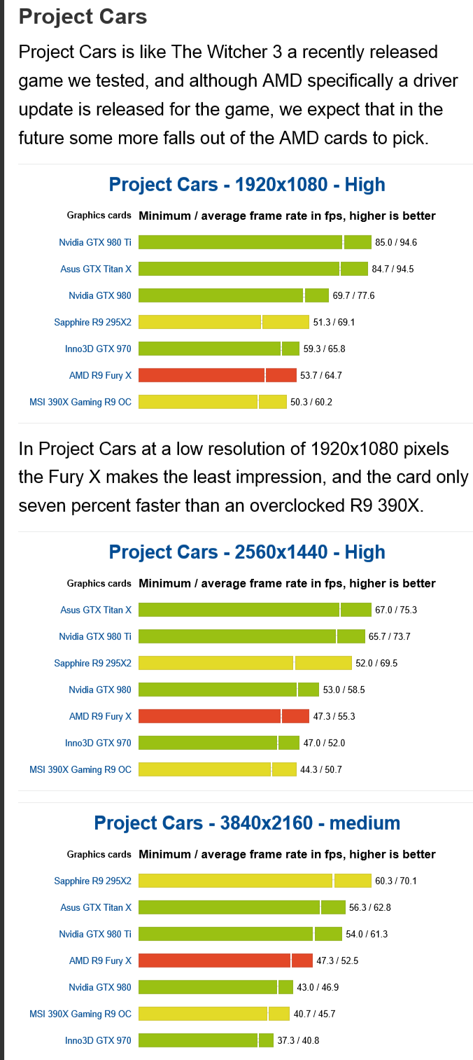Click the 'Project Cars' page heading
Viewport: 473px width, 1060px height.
83,16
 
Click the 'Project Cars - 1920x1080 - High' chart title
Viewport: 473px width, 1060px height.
247,185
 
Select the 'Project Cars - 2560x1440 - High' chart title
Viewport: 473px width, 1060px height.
247,552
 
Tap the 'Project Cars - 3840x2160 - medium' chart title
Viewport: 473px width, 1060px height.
247,823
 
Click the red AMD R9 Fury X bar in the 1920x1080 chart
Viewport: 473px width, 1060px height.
217,375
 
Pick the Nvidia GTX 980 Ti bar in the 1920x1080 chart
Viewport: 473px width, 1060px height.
255,242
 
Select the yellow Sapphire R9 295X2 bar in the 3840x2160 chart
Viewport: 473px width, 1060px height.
255,881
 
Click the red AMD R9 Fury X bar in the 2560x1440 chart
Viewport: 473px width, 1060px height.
223,716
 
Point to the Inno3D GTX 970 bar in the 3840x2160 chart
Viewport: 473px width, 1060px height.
206,1040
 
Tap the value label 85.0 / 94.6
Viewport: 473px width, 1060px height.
396,243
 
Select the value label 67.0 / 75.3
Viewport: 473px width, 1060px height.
396,611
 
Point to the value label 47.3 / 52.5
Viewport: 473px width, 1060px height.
337,961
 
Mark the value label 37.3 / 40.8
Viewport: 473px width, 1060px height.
299,1041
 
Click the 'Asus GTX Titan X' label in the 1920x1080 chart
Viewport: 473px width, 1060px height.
96,269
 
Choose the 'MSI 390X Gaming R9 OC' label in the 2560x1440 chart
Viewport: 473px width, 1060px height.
80,769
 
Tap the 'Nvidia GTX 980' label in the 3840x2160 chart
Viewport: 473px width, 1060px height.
100,987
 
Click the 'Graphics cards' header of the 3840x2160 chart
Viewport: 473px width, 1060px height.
99,854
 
